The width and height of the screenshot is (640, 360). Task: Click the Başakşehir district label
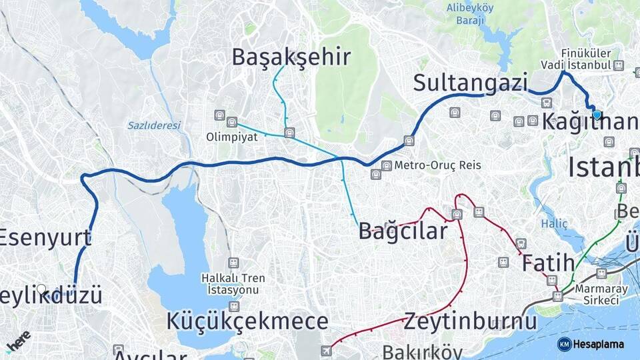(x=291, y=57)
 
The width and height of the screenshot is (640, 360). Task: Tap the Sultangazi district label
(x=470, y=83)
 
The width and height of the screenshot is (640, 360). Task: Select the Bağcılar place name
(x=403, y=231)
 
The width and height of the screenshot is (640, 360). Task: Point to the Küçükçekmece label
(x=247, y=321)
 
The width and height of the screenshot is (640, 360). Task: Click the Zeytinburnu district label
(x=470, y=321)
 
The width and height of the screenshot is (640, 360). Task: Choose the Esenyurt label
(x=45, y=237)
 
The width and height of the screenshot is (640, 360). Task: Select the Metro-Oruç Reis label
(x=437, y=165)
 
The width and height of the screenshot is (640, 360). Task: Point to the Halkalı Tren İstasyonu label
(x=234, y=283)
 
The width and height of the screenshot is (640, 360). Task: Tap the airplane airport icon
(x=326, y=351)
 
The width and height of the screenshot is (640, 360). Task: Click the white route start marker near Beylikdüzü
(x=41, y=289)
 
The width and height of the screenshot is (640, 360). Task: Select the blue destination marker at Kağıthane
(x=597, y=115)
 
